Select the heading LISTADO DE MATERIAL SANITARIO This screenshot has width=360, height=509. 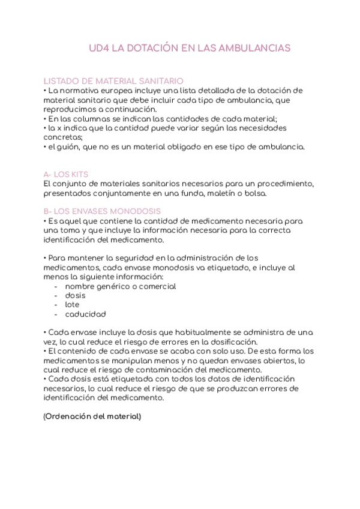pos(114,81)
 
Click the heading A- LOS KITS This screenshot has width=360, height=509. pos(67,174)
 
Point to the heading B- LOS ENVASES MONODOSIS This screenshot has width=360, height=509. pos(102,211)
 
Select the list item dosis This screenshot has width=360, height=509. pos(75,295)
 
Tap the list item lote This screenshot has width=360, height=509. pos(72,304)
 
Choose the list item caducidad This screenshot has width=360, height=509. pos(85,314)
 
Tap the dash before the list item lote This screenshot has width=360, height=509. pos(56,304)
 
